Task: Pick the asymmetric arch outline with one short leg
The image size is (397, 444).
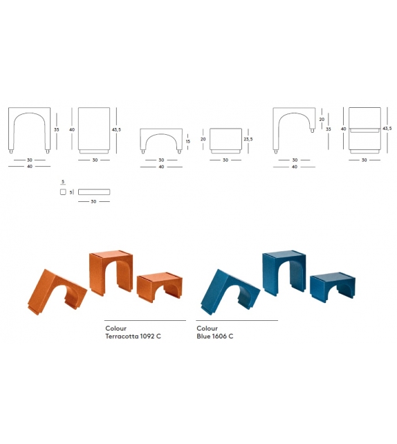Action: tap(294, 129)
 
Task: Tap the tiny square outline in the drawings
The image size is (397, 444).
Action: tap(63, 192)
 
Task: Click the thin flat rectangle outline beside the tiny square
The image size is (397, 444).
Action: tap(94, 192)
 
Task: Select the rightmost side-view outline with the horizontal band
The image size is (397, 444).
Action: tap(366, 129)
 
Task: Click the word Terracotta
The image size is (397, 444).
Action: tap(125, 337)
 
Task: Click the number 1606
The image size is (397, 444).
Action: tap(221, 337)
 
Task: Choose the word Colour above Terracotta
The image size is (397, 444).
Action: tap(116, 329)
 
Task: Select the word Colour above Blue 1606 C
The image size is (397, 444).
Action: tap(207, 329)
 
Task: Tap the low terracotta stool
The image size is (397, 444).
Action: tap(160, 286)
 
